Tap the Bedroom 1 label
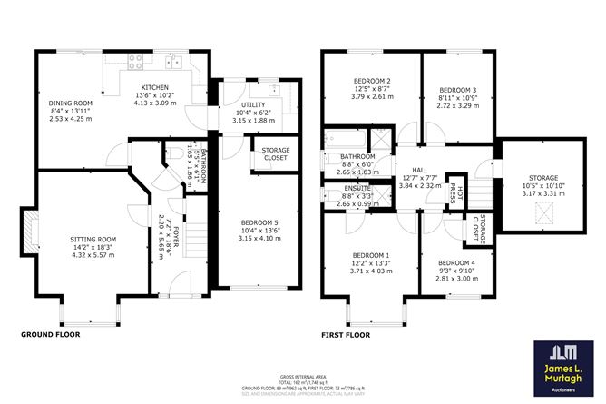coord(371,257)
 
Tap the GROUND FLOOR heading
coord(51,335)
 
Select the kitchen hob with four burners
coord(138,63)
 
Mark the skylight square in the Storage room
coord(542,214)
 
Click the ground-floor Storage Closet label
coord(275,153)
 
